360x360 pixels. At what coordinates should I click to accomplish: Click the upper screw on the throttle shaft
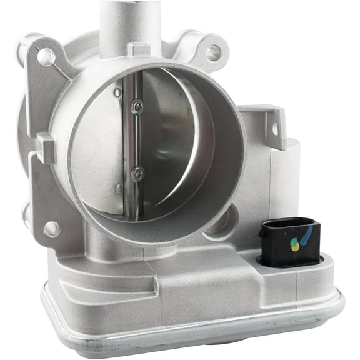pyautogui.click(x=137, y=107)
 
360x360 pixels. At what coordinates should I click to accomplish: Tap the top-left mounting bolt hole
pyautogui.click(x=47, y=57)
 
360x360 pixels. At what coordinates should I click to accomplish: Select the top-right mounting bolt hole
pyautogui.click(x=214, y=52)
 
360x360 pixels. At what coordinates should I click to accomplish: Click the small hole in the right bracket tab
pyautogui.click(x=274, y=130)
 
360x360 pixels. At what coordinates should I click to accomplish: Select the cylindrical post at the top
pyautogui.click(x=129, y=25)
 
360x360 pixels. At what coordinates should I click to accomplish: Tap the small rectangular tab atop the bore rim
pyautogui.click(x=139, y=49)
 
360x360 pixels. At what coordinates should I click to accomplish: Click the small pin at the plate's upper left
pyautogui.click(x=117, y=92)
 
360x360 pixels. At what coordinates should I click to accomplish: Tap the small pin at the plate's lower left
pyautogui.click(x=119, y=187)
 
